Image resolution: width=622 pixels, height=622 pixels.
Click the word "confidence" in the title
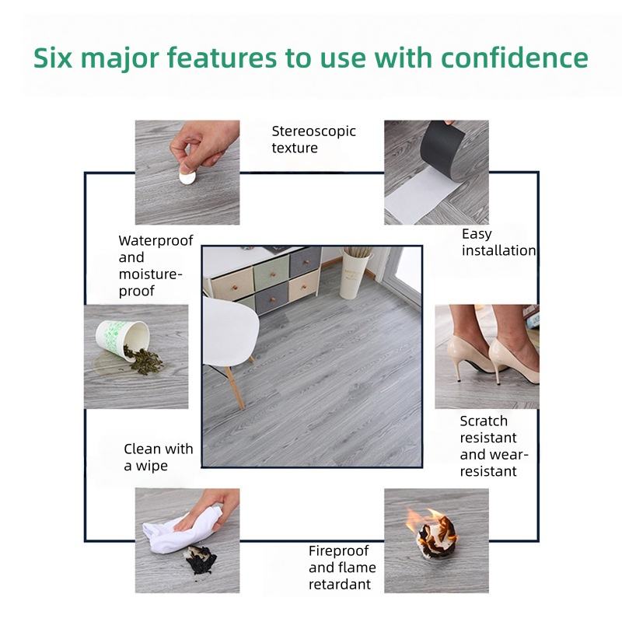tap(514, 58)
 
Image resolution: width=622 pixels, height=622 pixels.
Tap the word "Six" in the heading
tap(53, 58)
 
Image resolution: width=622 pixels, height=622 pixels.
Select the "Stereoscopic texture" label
tap(313, 139)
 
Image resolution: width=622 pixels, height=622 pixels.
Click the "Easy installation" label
tap(498, 242)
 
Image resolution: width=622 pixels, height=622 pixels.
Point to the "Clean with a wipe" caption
tap(159, 457)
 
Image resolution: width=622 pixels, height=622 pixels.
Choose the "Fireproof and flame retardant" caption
tap(342, 568)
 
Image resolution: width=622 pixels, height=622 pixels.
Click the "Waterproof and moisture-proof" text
tap(155, 265)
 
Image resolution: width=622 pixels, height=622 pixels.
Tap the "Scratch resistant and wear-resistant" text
tap(494, 446)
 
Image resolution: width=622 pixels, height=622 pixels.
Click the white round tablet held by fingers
tap(187, 176)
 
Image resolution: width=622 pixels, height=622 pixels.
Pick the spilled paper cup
tap(122, 340)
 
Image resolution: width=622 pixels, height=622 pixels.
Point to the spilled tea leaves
tap(143, 360)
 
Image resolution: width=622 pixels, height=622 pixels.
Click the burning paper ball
tap(433, 533)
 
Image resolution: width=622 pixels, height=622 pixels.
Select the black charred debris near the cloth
tap(201, 559)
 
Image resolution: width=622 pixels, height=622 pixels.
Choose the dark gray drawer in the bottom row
tap(271, 297)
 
